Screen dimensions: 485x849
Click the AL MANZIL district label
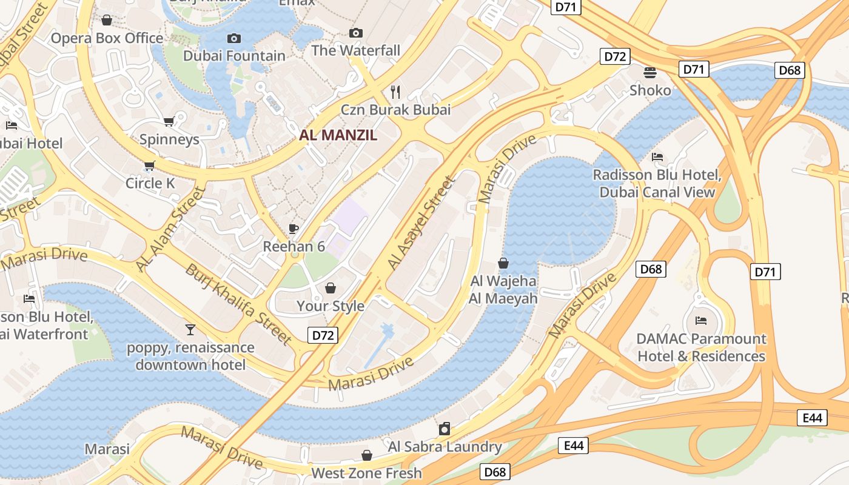(338, 135)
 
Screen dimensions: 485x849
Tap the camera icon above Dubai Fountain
(234, 38)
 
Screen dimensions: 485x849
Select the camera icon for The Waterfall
(356, 33)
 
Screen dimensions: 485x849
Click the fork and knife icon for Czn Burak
(395, 92)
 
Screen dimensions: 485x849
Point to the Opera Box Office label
(107, 38)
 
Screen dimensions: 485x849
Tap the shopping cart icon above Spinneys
(169, 122)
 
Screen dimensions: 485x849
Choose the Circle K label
(150, 182)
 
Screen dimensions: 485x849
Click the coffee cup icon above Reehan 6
(294, 229)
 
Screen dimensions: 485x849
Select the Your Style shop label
(331, 306)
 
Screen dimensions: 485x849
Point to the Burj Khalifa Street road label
(239, 304)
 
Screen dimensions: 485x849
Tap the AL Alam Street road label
(170, 229)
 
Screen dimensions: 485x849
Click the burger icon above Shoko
(650, 73)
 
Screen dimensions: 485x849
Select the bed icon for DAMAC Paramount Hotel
(701, 320)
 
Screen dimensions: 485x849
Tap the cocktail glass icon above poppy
(190, 330)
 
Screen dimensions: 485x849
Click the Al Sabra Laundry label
(445, 447)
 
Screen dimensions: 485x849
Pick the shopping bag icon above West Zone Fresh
(366, 455)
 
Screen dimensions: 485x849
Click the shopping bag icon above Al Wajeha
(503, 263)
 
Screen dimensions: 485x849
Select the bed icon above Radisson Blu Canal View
(657, 157)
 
